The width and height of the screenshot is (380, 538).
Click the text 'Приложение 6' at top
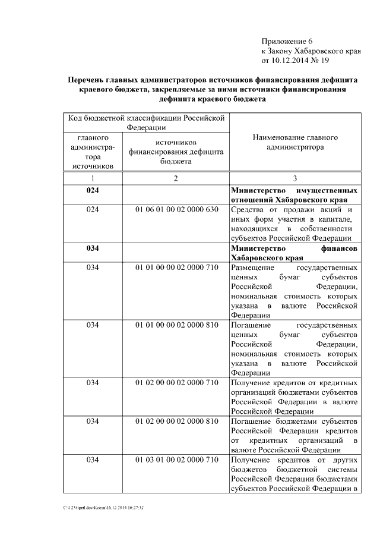[x=287, y=41]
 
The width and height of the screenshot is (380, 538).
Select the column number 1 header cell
[x=93, y=179]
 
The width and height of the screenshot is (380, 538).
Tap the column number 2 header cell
[x=176, y=179]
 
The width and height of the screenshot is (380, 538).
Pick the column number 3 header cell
[x=295, y=179]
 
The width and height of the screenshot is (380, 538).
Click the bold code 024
[x=93, y=190]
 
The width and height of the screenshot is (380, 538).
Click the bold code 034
[x=93, y=247]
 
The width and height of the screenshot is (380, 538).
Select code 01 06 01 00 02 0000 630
[x=176, y=210]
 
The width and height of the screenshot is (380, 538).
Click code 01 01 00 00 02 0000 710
[x=176, y=267]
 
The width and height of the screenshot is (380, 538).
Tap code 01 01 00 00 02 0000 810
[x=176, y=325]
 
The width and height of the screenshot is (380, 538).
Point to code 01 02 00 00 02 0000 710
[x=176, y=382]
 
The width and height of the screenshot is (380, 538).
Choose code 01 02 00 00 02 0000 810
[x=176, y=421]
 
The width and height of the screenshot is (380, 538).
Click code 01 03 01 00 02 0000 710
[x=176, y=460]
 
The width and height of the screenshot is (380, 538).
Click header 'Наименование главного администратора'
[x=295, y=142]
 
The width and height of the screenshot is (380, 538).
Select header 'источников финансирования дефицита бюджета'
[x=176, y=152]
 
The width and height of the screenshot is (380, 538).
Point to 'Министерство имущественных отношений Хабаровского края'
[x=294, y=195]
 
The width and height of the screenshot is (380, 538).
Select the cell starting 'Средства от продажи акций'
[x=294, y=224]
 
